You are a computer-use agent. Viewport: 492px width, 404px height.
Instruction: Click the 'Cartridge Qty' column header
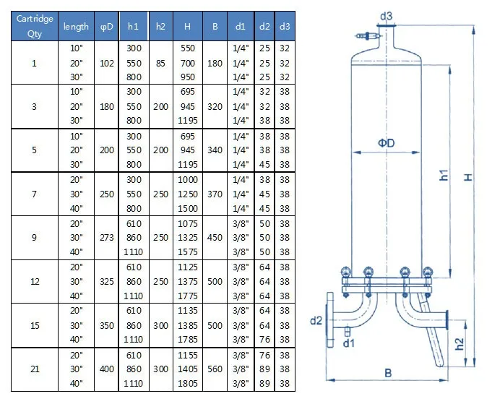[x=35, y=26]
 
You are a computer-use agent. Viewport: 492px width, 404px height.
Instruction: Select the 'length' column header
[x=76, y=26]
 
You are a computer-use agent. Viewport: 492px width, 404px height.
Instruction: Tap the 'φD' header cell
[x=106, y=26]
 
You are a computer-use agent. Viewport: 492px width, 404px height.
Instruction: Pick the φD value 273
[x=106, y=238]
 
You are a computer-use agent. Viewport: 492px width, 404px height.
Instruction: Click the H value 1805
[x=188, y=383]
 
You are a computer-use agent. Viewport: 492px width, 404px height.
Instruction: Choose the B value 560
[x=215, y=369]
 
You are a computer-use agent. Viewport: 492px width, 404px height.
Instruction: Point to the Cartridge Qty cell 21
[x=35, y=369]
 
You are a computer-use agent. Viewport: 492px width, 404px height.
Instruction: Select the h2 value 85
[x=160, y=63]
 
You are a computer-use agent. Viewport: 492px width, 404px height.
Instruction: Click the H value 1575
[x=188, y=252]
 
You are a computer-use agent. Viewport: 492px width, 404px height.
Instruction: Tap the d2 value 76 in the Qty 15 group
[x=264, y=340]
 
